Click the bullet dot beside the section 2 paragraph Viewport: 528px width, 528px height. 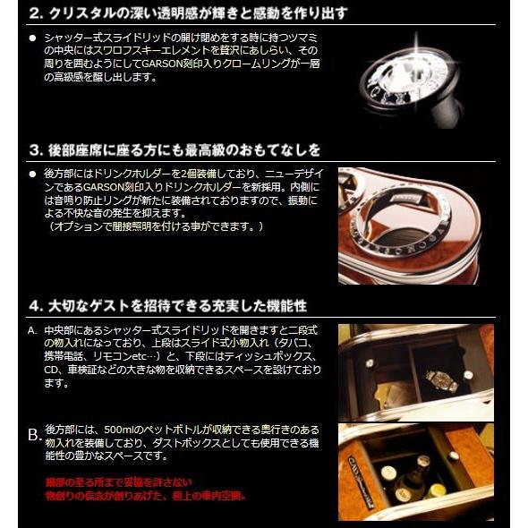point(32,39)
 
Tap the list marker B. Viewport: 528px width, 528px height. point(33,435)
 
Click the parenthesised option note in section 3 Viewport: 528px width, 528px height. point(157,227)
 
